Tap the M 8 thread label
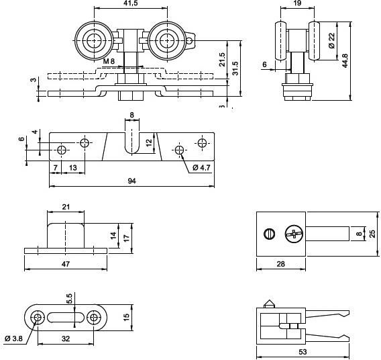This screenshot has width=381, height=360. point(110,61)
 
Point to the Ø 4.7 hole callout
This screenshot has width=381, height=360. point(201,167)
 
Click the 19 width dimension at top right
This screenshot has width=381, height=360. point(296,4)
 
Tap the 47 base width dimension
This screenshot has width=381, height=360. point(66,265)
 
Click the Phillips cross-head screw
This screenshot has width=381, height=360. point(293,234)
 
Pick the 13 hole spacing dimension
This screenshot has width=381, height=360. point(72,167)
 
